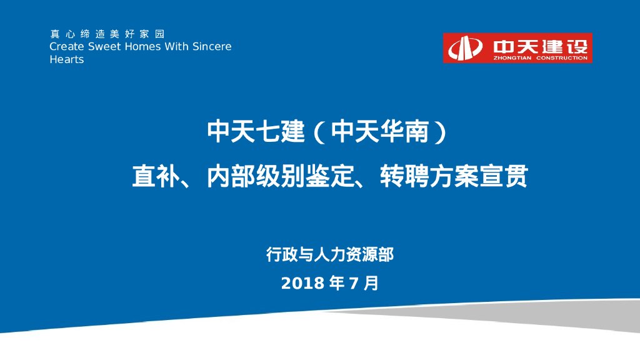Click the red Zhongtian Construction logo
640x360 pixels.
(x=517, y=48)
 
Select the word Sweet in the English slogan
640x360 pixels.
(x=103, y=47)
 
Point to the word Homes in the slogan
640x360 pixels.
(x=141, y=47)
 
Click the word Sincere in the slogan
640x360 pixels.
(x=212, y=47)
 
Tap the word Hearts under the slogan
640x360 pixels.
(x=66, y=60)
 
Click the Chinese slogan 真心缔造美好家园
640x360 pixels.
(x=107, y=34)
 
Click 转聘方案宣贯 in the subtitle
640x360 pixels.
(x=454, y=177)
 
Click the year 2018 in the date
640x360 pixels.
(x=302, y=283)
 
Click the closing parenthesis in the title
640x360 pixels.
(x=440, y=132)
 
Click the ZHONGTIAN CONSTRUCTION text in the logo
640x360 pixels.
(x=540, y=58)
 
